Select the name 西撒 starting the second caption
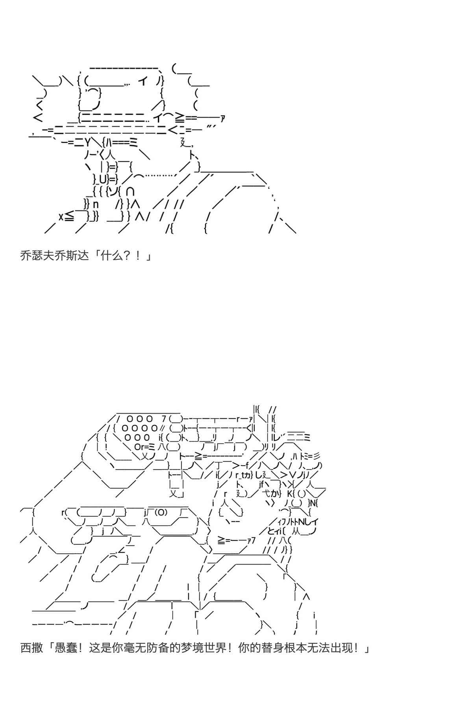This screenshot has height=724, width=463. click(31, 648)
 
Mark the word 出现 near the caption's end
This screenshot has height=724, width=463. click(341, 648)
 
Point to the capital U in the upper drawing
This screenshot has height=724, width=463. click(102, 180)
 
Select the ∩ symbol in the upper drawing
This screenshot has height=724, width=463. click(131, 192)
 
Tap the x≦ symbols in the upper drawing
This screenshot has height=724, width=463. click(66, 217)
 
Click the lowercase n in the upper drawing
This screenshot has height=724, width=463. click(95, 205)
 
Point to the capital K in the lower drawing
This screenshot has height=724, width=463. click(289, 494)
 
